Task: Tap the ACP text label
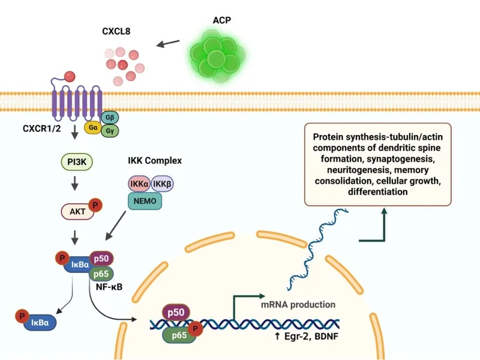coord(221,20)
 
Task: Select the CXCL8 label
coord(117,31)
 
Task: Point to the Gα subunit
coord(94,127)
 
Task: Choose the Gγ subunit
coord(110,130)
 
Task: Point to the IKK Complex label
coord(155,161)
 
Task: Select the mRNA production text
coord(298,304)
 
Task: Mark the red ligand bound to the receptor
coord(70,76)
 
